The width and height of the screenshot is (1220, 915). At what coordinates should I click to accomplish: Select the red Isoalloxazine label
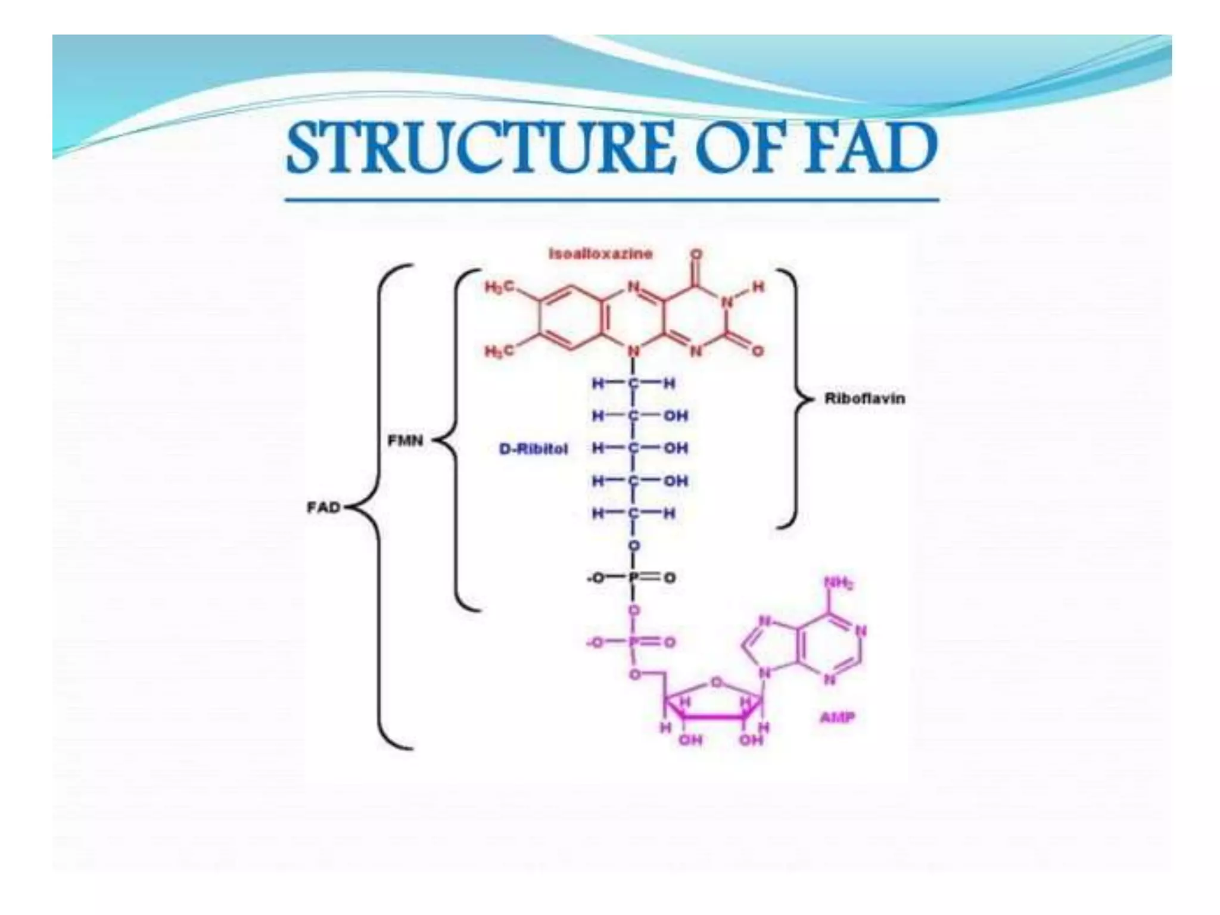point(600,254)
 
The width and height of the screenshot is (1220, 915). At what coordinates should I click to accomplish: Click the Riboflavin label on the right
point(864,399)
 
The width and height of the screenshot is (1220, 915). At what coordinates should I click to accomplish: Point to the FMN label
point(406,441)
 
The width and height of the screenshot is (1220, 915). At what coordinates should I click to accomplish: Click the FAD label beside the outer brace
point(323,508)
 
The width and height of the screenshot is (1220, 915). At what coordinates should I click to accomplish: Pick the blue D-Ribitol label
point(533,449)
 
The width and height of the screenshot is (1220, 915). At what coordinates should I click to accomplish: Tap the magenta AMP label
point(837,717)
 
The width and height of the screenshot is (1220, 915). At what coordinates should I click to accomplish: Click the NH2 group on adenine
point(838,583)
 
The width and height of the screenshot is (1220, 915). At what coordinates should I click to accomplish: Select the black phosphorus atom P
point(634,578)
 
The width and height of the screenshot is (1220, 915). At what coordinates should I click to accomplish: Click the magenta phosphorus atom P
point(634,643)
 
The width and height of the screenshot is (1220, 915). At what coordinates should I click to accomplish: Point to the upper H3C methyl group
point(499,288)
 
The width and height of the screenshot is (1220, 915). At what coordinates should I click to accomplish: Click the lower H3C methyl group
point(499,351)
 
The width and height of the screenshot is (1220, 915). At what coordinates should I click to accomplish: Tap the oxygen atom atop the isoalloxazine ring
point(696,255)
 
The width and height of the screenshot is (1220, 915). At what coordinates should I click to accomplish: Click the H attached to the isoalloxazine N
point(757,287)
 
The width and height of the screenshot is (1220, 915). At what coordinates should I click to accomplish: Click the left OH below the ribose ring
point(690,740)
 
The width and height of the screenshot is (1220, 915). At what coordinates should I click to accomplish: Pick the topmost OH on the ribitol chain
point(676,415)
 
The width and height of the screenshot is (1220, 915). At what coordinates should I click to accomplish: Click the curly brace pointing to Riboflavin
point(792,399)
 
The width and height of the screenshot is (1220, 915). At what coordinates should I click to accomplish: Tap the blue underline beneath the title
point(612,200)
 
